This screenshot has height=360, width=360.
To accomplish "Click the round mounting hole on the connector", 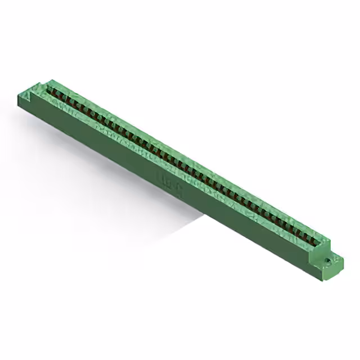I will (327, 261).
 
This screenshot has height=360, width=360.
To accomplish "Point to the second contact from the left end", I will (57, 93).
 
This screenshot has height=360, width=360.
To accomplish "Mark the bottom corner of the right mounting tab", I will (336, 276).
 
